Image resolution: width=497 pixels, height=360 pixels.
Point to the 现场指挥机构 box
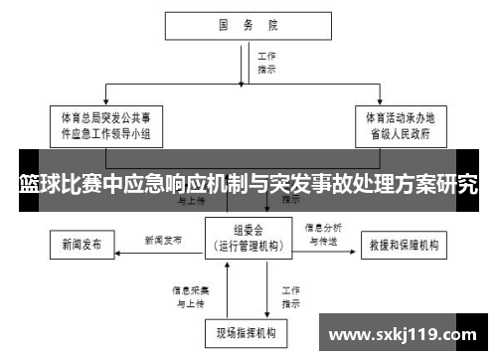[246, 329]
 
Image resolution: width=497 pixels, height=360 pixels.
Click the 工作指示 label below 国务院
[266, 64]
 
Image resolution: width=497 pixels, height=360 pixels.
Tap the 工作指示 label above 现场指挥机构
[291, 295]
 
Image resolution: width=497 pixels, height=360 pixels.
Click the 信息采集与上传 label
[189, 295]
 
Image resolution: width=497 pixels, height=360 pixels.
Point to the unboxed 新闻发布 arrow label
[163, 240]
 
